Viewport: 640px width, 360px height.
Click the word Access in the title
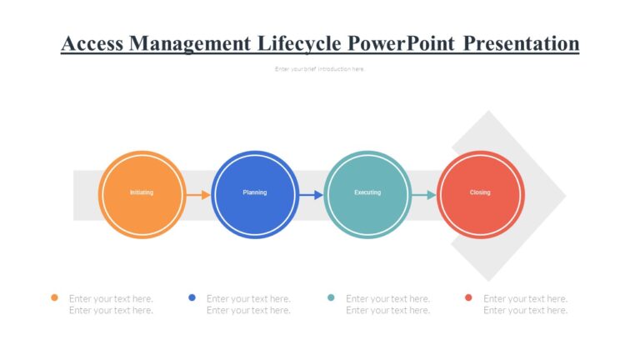coord(92,43)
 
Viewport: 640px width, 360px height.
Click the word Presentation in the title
coord(521,43)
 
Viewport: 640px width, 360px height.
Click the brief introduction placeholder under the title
coord(320,69)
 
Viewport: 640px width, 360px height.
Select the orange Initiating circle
coord(142,193)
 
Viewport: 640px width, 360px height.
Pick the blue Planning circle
coord(255,193)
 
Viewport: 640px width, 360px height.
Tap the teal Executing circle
coord(367,193)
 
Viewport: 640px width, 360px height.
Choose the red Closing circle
coord(481,193)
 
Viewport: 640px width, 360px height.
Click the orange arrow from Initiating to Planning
coord(198,195)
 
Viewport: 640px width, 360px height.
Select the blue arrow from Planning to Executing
coord(311,195)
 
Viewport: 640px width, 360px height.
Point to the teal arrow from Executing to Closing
coord(423,195)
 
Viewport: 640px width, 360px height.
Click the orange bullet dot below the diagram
coord(54,297)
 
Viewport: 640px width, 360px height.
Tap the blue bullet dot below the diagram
coord(192,297)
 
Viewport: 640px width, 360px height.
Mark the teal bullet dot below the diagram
coord(331,297)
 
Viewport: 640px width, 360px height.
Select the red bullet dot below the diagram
coord(468,297)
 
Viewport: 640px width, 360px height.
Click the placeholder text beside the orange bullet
coord(111,304)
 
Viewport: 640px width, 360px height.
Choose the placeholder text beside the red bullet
coord(525,304)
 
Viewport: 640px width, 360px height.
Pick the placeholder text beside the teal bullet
coord(387,304)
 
